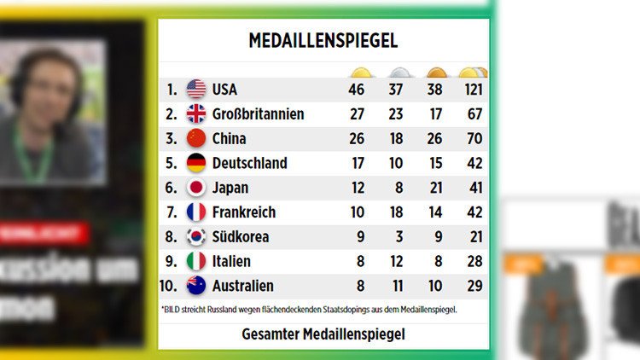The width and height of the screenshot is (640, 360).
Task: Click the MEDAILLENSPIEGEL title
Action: click(323, 40)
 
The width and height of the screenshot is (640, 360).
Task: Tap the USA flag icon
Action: click(196, 89)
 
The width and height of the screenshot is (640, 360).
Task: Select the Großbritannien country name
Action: click(258, 113)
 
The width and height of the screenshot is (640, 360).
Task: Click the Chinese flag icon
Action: click(196, 138)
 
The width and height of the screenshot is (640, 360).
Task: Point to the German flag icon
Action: click(196, 163)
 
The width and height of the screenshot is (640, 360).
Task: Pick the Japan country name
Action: click(230, 188)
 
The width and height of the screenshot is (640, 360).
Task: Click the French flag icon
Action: click(196, 212)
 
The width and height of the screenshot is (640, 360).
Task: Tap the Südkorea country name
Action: click(241, 236)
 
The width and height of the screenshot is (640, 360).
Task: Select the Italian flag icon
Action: click(196, 261)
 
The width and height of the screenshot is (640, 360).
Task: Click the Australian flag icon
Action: click(196, 286)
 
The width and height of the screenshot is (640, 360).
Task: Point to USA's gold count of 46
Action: click(358, 89)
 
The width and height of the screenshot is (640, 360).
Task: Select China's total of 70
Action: click(474, 138)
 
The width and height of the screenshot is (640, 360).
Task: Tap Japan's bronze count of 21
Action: click(436, 188)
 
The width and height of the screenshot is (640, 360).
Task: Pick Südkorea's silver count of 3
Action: click(399, 236)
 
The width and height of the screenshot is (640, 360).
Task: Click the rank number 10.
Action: click(169, 286)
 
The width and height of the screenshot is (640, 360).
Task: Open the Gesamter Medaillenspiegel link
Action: click(323, 334)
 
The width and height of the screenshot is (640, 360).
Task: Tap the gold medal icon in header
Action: click(360, 73)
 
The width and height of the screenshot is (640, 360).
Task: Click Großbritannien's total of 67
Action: click(474, 113)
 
